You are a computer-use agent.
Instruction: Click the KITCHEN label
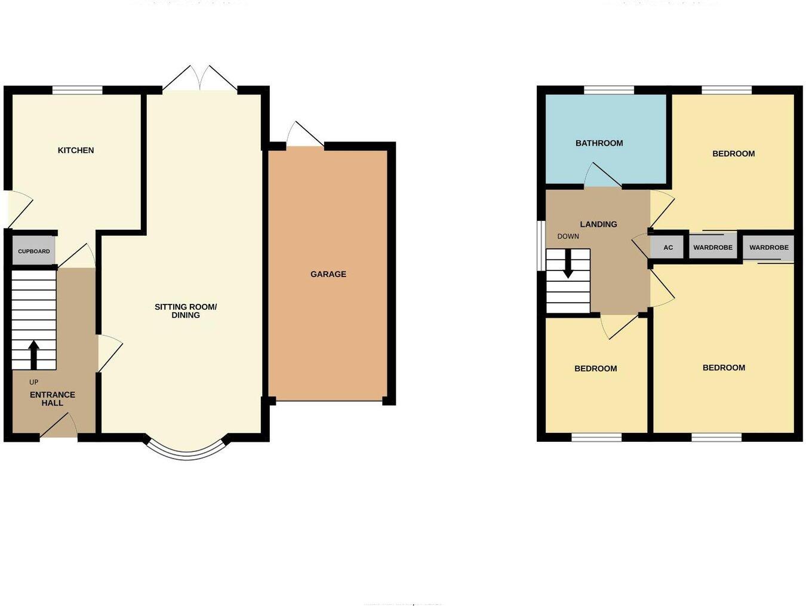(76, 150)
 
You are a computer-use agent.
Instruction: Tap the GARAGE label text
(328, 274)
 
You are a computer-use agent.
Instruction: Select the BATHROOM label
(599, 143)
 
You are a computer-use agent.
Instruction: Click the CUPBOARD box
(34, 251)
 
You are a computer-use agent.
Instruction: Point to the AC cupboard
(667, 247)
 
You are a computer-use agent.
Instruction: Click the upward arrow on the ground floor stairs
(33, 355)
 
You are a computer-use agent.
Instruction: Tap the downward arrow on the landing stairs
(568, 264)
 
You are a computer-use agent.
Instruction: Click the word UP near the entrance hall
(33, 382)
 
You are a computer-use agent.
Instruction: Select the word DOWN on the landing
(568, 236)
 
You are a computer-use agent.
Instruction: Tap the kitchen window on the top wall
(77, 90)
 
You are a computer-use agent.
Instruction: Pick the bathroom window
(608, 90)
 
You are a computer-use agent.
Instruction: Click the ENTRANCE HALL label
(53, 399)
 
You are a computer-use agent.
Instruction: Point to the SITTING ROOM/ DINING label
(186, 311)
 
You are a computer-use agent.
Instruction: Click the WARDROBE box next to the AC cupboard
(712, 247)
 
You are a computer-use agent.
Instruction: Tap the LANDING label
(598, 224)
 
